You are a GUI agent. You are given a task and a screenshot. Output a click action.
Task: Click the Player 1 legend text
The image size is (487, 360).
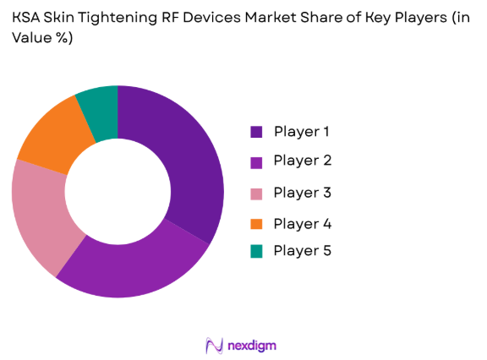point(302,131)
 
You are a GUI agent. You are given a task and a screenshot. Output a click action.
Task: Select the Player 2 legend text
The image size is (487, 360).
point(302,161)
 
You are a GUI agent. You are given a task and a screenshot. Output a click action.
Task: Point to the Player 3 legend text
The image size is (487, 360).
point(302,193)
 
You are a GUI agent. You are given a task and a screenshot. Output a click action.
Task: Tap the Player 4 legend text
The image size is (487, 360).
point(302,224)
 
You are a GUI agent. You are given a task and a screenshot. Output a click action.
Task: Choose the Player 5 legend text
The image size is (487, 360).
point(302,251)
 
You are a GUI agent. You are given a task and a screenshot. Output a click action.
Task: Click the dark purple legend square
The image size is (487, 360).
point(255,132)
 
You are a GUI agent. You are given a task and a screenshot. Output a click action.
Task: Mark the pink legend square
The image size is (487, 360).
point(255,194)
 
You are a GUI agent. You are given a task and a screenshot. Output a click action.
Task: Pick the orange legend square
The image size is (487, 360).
point(255,224)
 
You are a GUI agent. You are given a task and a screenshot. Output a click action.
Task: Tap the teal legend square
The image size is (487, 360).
point(255,252)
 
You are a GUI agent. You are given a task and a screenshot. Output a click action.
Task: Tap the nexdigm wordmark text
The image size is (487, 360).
point(251,346)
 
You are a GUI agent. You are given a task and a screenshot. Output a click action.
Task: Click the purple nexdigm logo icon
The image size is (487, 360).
point(213,345)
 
